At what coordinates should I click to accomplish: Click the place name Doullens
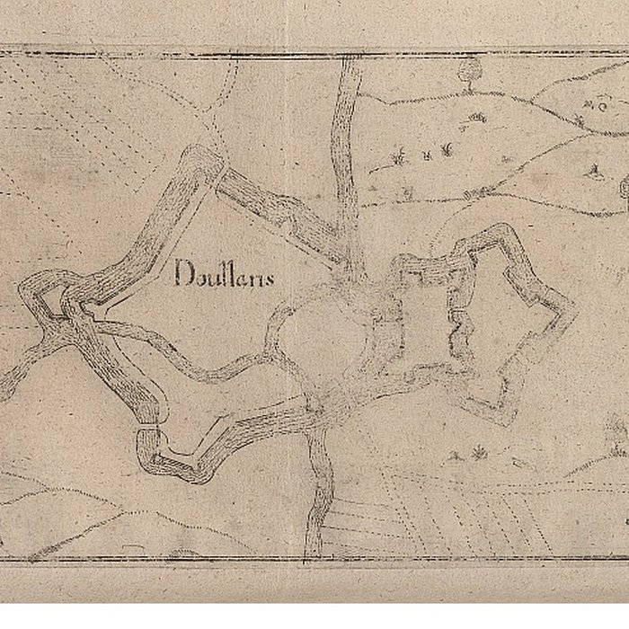pos(224,273)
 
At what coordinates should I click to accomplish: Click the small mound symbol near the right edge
pos(594,168)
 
